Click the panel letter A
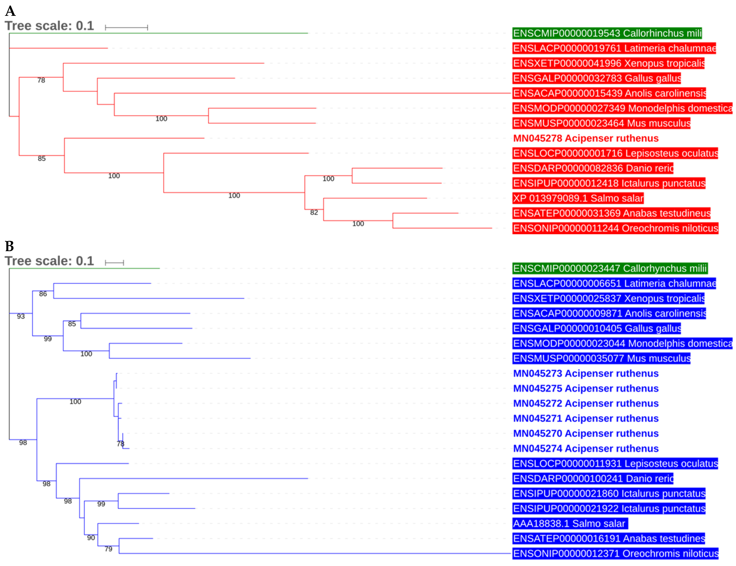[10, 11]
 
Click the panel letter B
[9, 246]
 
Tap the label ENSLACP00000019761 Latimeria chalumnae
[614, 48]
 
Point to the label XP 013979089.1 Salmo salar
[578, 198]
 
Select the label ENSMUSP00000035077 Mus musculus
[601, 359]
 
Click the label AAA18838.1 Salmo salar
[570, 523]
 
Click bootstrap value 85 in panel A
[42, 159]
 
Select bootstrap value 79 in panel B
[108, 549]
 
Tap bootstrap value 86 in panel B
[43, 294]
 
